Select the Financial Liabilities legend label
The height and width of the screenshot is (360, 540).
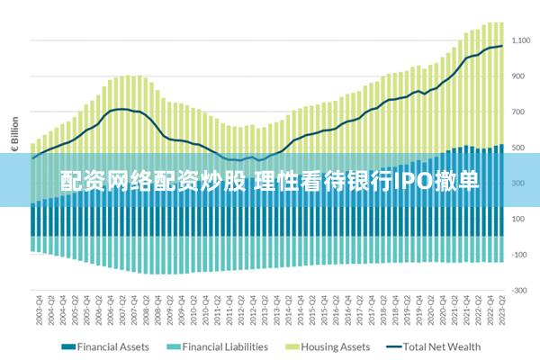(224, 346)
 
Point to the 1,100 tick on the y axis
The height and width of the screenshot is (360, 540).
(521, 40)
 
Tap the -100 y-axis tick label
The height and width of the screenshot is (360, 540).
(519, 255)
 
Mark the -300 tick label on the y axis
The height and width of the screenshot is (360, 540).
(519, 290)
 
